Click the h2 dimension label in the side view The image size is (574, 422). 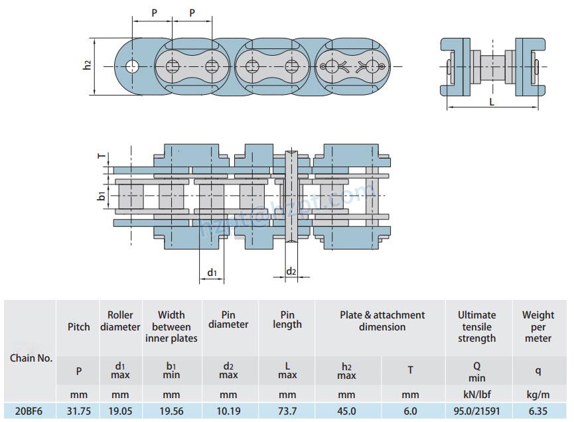tap(87, 65)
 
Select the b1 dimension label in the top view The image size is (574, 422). tap(101, 196)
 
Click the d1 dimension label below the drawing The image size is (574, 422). tap(212, 273)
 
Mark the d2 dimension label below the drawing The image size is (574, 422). tap(291, 271)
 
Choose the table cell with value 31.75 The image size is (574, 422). tap(78, 411)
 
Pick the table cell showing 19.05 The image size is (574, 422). tap(120, 411)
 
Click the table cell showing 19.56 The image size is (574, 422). tap(171, 411)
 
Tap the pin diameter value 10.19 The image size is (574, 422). tap(228, 411)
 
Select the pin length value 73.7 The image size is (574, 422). tap(287, 411)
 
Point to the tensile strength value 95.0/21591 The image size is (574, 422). tap(476, 411)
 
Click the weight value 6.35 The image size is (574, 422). tap(538, 411)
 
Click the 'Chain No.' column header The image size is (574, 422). tap(31, 358)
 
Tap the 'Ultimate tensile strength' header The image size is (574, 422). tap(476, 326)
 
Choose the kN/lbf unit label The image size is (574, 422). tap(476, 395)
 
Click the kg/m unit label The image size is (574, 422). tap(538, 395)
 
